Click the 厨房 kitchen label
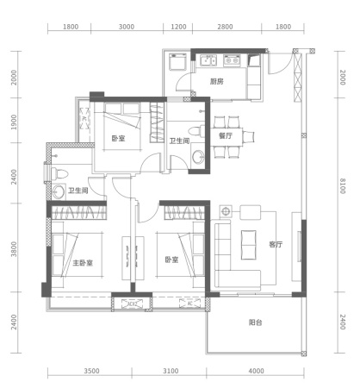(x=216, y=82)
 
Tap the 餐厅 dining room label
(x=226, y=135)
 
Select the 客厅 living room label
(x=276, y=245)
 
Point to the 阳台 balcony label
(x=255, y=322)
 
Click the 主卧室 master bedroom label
(x=83, y=263)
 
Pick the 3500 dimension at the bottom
(x=91, y=371)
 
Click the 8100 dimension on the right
(x=343, y=186)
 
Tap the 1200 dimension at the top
(x=178, y=27)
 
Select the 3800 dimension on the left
(x=14, y=249)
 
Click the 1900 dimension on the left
(x=14, y=122)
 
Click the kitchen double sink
(x=208, y=60)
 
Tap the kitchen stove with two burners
(x=232, y=60)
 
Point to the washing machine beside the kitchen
(x=178, y=62)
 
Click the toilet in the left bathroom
(x=59, y=174)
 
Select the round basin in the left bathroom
(x=59, y=191)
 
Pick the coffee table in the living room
(x=249, y=245)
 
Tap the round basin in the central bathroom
(x=198, y=157)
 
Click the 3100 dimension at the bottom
(x=171, y=371)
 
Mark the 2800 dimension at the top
(x=225, y=27)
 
